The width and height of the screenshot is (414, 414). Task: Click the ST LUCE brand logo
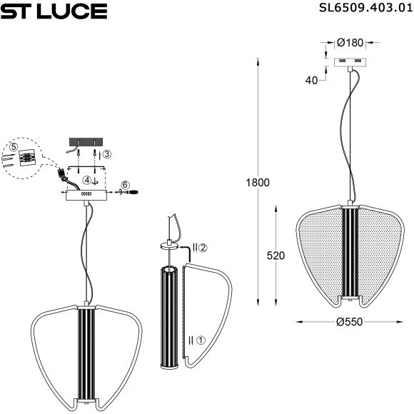click(54, 11)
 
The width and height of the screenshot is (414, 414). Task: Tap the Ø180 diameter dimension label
click(351, 41)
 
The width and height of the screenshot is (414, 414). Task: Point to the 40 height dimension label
click(310, 81)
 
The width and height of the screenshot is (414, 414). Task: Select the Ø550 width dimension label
click(350, 322)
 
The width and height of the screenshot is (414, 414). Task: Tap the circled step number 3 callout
click(106, 153)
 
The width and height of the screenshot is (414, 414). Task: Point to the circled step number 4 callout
click(86, 180)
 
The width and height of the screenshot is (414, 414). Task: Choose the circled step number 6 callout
click(125, 185)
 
